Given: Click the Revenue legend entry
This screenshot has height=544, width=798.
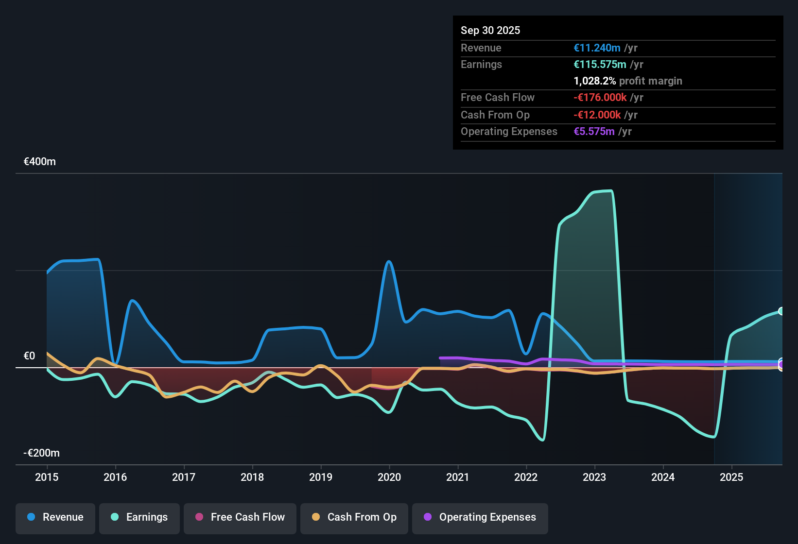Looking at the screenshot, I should [55, 517].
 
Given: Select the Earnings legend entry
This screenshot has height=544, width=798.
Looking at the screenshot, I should [139, 517].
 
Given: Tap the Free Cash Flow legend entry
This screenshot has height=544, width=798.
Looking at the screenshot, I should [240, 517].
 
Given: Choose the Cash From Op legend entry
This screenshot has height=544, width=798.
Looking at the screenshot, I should [354, 517].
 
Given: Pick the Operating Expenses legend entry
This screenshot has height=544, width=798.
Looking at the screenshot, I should [480, 517].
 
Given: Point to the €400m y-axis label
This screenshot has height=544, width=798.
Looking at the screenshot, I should [40, 162].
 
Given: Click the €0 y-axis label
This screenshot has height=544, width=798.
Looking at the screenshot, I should [30, 356].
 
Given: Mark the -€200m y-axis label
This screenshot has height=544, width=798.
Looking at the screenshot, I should [42, 453].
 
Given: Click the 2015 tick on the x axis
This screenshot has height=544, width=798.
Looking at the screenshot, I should [47, 477].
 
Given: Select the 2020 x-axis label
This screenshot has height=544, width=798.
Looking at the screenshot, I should [389, 477].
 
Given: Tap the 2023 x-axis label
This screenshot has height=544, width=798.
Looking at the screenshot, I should [594, 477].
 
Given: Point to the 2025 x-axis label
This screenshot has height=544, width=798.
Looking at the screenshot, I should [731, 477].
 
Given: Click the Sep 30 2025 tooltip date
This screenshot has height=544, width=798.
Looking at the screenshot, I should [490, 30].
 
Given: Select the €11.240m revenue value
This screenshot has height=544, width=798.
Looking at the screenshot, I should [597, 48].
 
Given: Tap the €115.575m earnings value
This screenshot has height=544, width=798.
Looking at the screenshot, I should [600, 65].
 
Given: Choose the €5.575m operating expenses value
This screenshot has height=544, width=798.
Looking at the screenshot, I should [594, 132].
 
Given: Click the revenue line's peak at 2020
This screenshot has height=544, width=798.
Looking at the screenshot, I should [389, 262].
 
